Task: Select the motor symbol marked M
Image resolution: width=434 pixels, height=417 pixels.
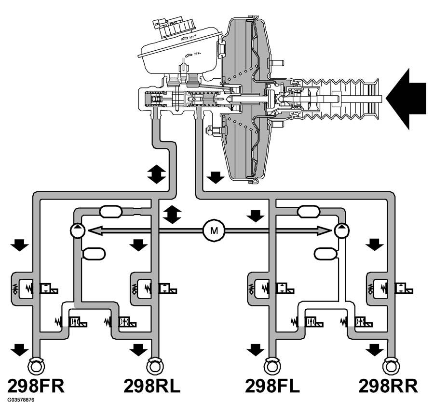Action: click(x=211, y=231)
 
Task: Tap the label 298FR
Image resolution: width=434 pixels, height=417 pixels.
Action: click(x=36, y=386)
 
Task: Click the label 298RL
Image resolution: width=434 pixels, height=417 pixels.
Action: click(x=152, y=386)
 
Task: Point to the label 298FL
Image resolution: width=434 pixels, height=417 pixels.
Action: click(x=272, y=386)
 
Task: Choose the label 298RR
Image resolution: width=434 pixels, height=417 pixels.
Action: click(x=388, y=386)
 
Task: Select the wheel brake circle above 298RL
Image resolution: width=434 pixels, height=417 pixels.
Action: click(x=154, y=366)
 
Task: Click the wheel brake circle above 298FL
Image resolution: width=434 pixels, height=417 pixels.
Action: click(x=272, y=366)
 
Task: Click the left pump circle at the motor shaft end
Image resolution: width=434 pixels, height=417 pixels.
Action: click(x=77, y=231)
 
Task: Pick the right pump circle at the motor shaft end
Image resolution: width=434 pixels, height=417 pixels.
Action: click(x=341, y=231)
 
